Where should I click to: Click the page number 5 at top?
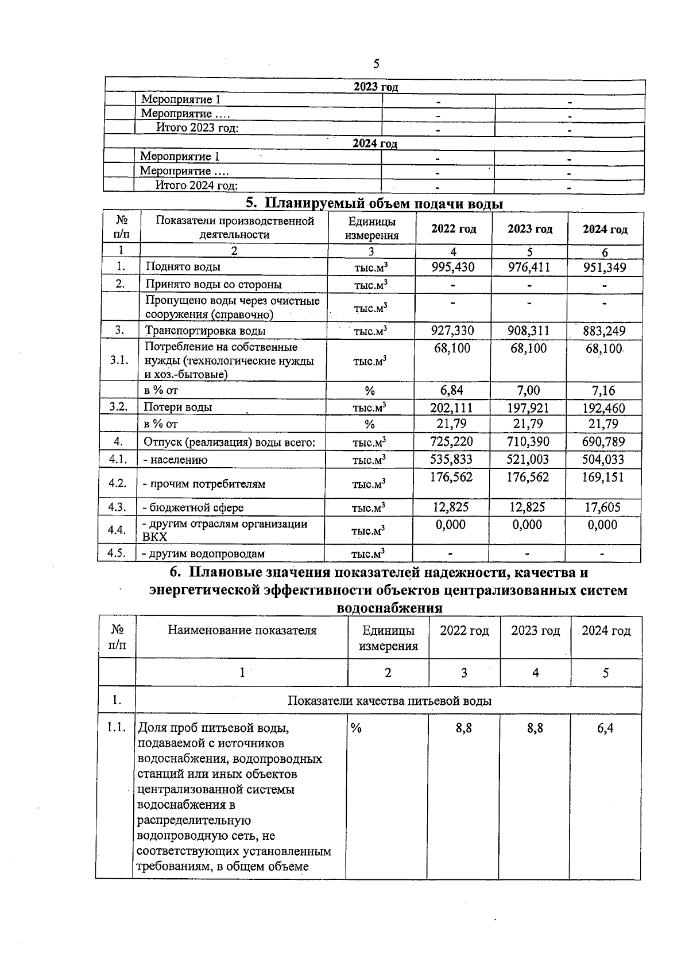(376, 64)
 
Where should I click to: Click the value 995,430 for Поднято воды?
(453, 267)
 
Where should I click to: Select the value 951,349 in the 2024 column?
(605, 267)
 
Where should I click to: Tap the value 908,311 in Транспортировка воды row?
(529, 331)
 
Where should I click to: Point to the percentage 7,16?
(603, 391)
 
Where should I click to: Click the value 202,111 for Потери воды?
(452, 408)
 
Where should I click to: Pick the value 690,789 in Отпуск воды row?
(603, 442)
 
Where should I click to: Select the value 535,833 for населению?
(452, 460)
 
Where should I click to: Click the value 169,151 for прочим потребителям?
(603, 478)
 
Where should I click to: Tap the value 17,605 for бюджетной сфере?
(603, 507)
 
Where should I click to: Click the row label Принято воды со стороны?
(214, 285)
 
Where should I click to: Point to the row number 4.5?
(117, 554)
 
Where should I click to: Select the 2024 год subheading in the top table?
(375, 143)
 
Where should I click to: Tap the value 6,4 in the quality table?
(605, 728)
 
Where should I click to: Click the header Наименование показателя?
(242, 630)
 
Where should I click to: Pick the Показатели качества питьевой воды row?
(389, 701)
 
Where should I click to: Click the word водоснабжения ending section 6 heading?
(389, 608)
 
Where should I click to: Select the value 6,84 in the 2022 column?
(452, 391)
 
